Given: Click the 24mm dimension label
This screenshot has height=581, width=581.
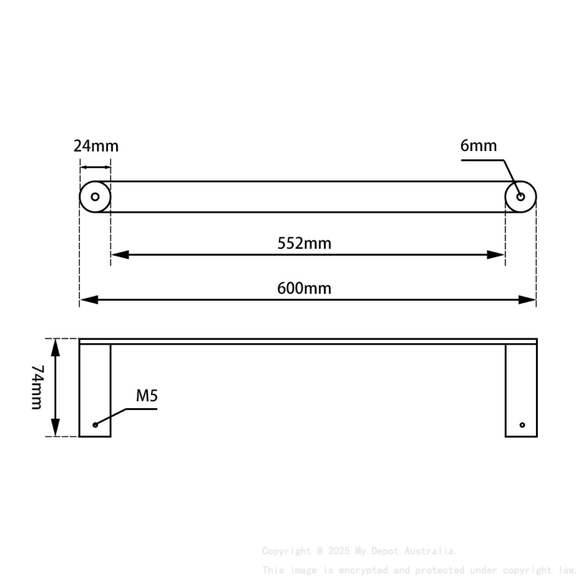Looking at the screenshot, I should click(x=96, y=146).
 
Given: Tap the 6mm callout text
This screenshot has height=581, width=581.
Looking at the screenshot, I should click(x=478, y=146).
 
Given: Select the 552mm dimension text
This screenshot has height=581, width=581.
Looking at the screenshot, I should click(x=304, y=243).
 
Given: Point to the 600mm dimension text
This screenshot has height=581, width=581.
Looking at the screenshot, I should click(x=304, y=288).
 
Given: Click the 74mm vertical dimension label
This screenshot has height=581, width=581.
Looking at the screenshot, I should click(x=37, y=387).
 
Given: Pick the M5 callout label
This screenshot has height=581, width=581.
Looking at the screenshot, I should click(x=147, y=396).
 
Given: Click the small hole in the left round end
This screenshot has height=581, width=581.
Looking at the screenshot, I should click(x=95, y=197).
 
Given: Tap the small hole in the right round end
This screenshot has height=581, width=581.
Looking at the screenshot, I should click(x=520, y=197).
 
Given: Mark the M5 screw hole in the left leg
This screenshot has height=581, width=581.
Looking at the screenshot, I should click(x=96, y=425).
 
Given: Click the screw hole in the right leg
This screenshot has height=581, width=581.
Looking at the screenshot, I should click(x=522, y=425).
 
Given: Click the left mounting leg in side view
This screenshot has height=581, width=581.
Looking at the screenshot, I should click(x=95, y=390).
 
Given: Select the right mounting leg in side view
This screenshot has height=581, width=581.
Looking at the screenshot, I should click(x=521, y=390).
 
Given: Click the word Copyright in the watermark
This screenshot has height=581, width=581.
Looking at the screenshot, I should click(x=286, y=551).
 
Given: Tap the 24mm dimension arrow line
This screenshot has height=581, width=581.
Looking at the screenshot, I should click(x=95, y=166).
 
